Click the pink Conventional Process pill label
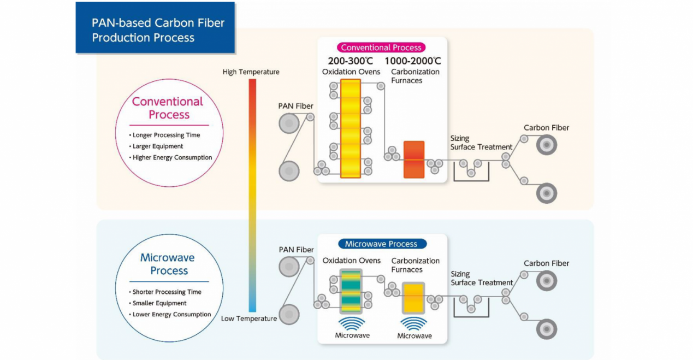[x=381, y=48]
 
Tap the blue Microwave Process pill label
[x=381, y=244]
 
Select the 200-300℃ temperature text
[x=350, y=61]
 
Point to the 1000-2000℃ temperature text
[x=412, y=61]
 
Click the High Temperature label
[x=251, y=72]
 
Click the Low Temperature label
[x=249, y=318]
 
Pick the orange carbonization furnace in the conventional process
[x=413, y=160]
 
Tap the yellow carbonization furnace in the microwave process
[x=413, y=297]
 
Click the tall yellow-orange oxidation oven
[x=350, y=128]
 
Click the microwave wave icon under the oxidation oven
[x=352, y=323]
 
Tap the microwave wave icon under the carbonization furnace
[x=414, y=323]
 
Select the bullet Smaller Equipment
[x=159, y=303]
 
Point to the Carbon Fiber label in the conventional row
[x=546, y=128]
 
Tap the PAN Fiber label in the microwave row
[x=296, y=250]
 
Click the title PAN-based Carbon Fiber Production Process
[x=158, y=30]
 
